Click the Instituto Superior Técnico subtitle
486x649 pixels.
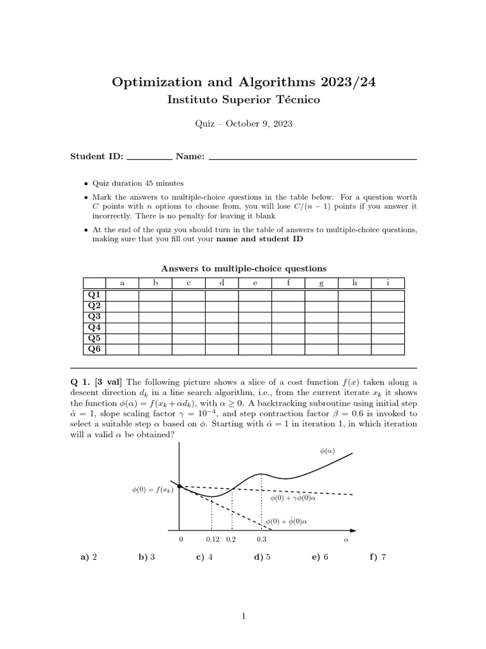pyautogui.click(x=243, y=100)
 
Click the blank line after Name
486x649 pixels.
pyautogui.click(x=312, y=157)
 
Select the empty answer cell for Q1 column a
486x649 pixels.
pyautogui.click(x=121, y=295)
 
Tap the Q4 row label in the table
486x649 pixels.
pyautogui.click(x=94, y=327)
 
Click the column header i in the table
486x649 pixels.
pyautogui.click(x=387, y=283)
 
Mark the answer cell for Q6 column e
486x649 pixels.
pyautogui.click(x=254, y=349)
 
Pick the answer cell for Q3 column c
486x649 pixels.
pyautogui.click(x=188, y=316)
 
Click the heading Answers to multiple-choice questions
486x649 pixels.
pyautogui.click(x=243, y=268)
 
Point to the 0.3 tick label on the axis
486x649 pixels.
pyautogui.click(x=262, y=539)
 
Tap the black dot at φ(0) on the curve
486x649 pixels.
pyautogui.click(x=180, y=486)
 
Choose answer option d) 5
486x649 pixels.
pyautogui.click(x=262, y=558)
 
